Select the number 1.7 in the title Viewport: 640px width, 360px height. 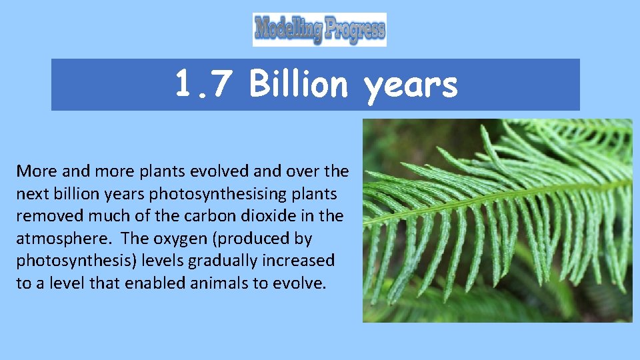pos(195,85)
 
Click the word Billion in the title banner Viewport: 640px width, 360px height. pos(299,85)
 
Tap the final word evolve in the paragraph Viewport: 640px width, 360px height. pos(300,283)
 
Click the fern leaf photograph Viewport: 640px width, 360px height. pos(497,221)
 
